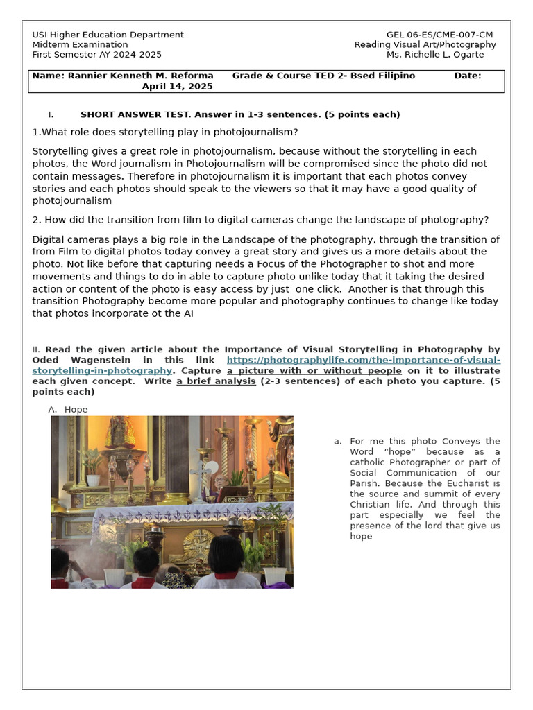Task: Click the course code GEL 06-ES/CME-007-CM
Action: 439,35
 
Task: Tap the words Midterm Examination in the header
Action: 80,44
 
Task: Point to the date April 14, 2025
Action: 177,87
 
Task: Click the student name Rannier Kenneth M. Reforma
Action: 140,76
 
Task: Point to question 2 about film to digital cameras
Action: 260,220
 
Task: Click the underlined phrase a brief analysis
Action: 216,381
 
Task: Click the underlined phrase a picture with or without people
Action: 314,371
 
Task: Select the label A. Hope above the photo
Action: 68,409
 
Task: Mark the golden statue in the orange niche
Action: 120,433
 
